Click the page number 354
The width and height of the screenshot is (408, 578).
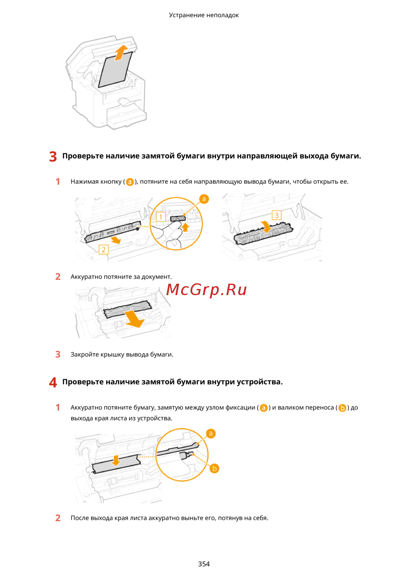(x=204, y=564)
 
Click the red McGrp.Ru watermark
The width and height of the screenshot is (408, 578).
(x=206, y=290)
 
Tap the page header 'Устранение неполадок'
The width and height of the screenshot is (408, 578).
(x=204, y=15)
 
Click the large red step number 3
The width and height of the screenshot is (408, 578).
(x=53, y=157)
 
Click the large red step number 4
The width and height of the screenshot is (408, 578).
(x=53, y=383)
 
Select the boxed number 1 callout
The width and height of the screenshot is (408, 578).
(x=160, y=217)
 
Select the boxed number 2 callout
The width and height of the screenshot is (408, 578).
(x=104, y=249)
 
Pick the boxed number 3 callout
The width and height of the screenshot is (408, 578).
(x=276, y=215)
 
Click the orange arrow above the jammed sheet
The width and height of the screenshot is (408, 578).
(x=121, y=53)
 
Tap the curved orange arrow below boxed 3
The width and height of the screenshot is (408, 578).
(x=267, y=226)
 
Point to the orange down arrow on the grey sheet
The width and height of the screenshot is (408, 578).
(x=116, y=460)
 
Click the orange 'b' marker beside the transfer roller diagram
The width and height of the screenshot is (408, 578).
(x=214, y=468)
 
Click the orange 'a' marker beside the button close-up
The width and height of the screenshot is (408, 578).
(x=204, y=199)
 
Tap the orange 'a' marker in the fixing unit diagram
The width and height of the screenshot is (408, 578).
(x=211, y=433)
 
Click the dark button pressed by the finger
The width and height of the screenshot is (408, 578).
(x=178, y=219)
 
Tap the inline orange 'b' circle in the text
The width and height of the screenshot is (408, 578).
(x=342, y=408)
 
